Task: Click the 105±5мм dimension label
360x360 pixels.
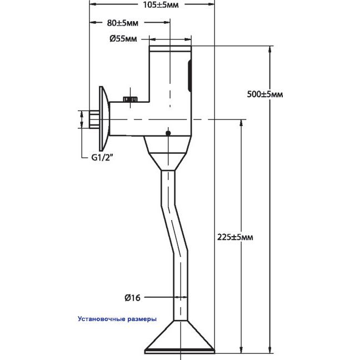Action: [161, 5]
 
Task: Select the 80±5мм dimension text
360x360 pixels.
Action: [123, 23]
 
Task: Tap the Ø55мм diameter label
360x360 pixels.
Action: [123, 39]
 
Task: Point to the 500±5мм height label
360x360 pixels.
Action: [265, 94]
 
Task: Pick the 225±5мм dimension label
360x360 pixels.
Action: [235, 237]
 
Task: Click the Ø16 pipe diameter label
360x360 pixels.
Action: [132, 298]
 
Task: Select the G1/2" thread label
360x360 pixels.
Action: [102, 158]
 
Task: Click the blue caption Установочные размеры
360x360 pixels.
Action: [117, 319]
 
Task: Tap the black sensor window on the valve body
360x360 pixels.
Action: [189, 76]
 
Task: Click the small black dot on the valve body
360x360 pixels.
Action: [168, 133]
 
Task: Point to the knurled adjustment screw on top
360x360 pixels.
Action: [131, 99]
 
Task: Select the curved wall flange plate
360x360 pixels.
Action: [104, 119]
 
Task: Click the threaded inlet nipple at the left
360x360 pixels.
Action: [94, 119]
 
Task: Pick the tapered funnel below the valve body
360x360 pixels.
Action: [168, 153]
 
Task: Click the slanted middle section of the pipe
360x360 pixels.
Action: [174, 229]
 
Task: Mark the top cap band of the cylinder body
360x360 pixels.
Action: [170, 48]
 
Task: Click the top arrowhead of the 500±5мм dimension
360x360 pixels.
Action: [271, 49]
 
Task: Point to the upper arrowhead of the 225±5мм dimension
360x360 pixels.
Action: [241, 123]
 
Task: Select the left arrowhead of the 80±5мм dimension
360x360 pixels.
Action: [93, 22]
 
